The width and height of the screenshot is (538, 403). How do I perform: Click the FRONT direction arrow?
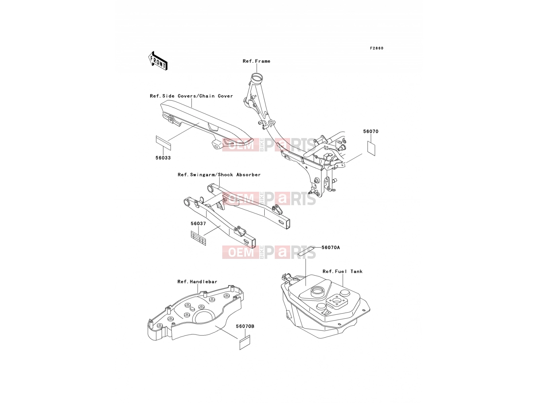tap(158, 61)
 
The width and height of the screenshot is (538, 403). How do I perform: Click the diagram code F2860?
tap(377, 48)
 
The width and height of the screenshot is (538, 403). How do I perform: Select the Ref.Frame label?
tap(256, 61)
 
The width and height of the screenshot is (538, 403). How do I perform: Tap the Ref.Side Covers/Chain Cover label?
tap(191, 96)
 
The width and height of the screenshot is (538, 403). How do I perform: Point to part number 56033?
tap(163, 158)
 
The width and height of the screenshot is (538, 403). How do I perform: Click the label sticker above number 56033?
tap(163, 143)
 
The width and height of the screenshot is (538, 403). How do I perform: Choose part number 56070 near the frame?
tap(371, 131)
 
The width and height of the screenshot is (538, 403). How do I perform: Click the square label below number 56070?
tap(371, 148)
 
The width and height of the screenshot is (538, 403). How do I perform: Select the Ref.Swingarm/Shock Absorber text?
tap(219, 175)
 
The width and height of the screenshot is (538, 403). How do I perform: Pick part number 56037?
tap(198, 223)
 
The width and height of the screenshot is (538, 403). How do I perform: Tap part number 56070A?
tap(331, 248)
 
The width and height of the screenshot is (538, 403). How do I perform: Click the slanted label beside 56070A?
tap(306, 251)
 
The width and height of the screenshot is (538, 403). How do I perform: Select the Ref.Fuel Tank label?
tap(342, 271)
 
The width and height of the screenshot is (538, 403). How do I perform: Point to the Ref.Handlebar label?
tap(197, 282)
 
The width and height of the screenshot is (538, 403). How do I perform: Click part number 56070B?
tap(245, 326)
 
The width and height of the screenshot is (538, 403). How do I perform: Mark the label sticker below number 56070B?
tap(245, 342)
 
